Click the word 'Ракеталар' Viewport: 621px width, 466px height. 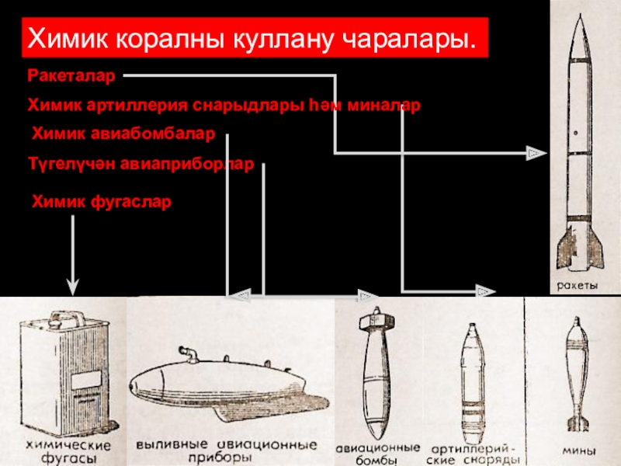[x=71, y=76]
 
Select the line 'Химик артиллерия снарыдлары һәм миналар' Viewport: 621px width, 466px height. [x=224, y=105]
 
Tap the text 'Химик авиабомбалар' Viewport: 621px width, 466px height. [x=123, y=134]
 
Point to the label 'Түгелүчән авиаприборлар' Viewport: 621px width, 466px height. [x=141, y=165]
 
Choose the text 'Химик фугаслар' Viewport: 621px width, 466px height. [x=100, y=202]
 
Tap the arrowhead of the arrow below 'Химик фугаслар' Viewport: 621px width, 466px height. [x=73, y=287]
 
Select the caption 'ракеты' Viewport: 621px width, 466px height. [x=575, y=286]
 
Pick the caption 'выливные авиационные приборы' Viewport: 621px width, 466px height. [x=226, y=452]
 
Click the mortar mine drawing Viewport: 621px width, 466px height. [x=575, y=373]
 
